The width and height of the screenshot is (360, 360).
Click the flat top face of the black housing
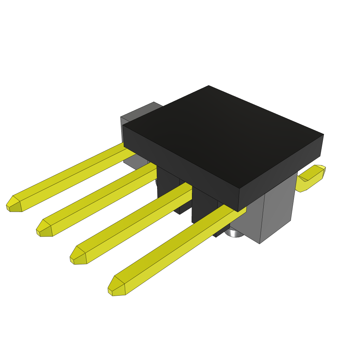221,134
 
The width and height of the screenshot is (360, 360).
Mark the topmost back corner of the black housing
208,86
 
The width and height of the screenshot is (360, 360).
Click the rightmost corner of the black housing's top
323,135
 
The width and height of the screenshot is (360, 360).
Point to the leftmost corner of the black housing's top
123,126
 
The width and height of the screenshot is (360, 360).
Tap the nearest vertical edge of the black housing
239,200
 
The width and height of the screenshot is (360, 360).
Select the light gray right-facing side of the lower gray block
278,211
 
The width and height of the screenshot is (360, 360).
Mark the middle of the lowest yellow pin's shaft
176,246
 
